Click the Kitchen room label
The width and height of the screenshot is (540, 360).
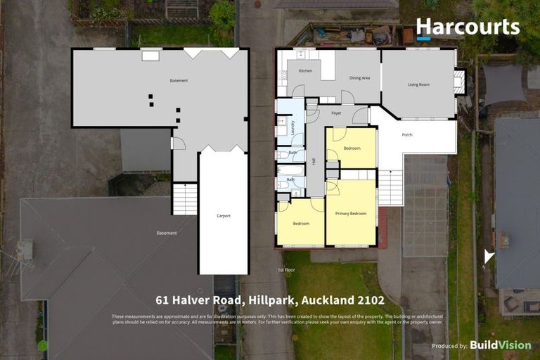(305, 71)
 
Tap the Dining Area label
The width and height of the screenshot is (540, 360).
(359, 78)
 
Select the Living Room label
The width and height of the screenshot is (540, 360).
(418, 84)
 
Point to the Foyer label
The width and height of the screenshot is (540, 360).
(336, 112)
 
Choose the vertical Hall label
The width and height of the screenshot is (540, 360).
(314, 162)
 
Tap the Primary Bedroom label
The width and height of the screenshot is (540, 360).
(351, 213)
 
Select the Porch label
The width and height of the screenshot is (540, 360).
(407, 134)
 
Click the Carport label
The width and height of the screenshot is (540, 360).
(224, 216)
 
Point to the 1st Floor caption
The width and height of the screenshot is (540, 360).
(285, 270)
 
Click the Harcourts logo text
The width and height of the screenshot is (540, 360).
(468, 27)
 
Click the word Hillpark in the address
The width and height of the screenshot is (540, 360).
(271, 300)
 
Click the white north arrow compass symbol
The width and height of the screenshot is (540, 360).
(489, 257)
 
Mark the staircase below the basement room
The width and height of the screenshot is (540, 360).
(185, 199)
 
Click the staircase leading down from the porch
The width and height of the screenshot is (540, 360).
(390, 188)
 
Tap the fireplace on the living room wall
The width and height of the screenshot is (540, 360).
(460, 82)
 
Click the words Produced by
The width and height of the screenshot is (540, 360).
(449, 346)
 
